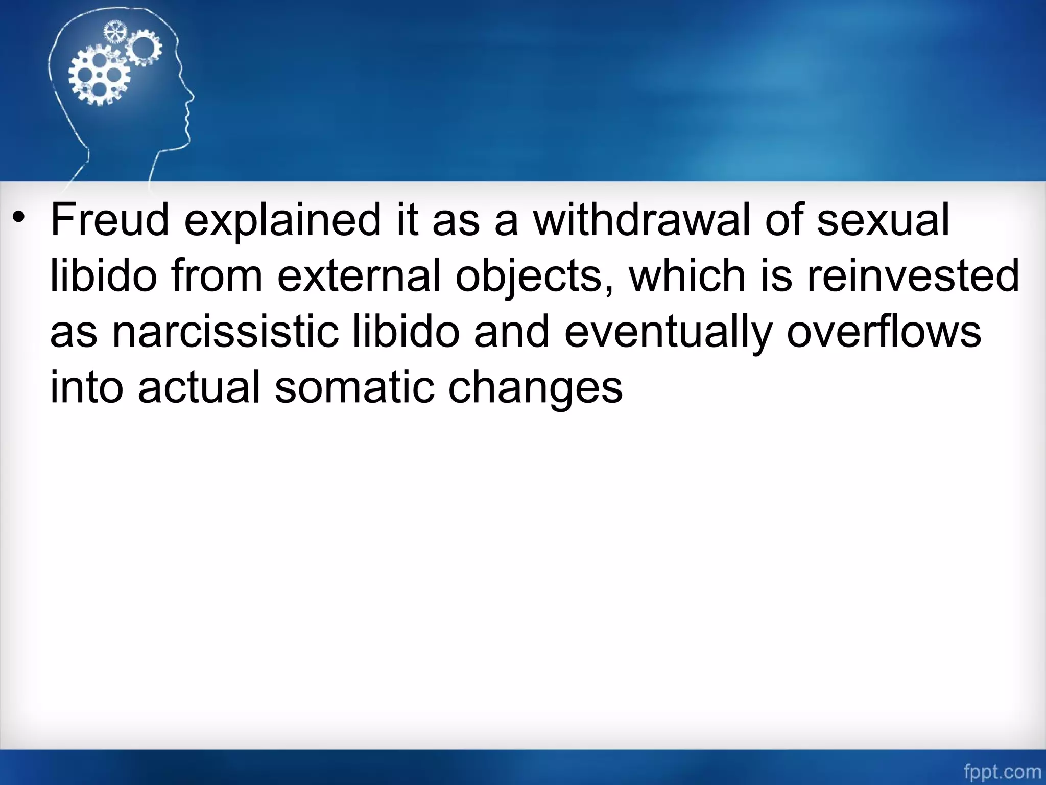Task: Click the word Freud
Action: pos(110,220)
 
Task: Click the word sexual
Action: pos(883,220)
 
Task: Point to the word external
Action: pos(359,276)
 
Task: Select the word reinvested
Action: pos(913,276)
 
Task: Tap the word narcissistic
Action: pos(225,332)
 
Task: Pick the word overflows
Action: pos(884,332)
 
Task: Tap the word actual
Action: pos(199,387)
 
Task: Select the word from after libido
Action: pos(217,276)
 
